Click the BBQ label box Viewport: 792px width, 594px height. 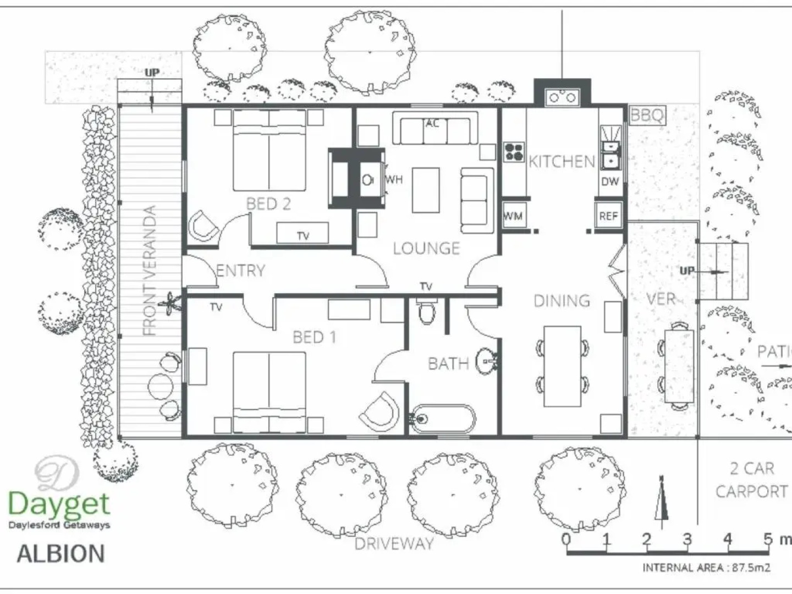coord(647,116)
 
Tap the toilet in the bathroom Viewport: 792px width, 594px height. coord(426,310)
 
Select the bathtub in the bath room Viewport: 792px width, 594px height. coord(443,419)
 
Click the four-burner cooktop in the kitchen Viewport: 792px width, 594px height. coord(514,152)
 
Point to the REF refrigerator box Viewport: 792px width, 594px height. coord(608,215)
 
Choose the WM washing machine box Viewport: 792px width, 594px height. coord(514,215)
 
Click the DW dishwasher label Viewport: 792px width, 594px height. coord(610,182)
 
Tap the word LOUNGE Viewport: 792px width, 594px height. coord(426,249)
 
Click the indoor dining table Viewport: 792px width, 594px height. coord(562,366)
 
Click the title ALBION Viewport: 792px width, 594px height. coord(61,554)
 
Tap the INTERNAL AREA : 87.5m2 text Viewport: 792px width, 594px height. coord(706,568)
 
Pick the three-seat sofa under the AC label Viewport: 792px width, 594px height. coord(436,128)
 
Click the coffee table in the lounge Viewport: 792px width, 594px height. coord(426,190)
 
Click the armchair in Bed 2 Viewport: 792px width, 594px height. coord(204,226)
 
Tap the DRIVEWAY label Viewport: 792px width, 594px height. coord(394,543)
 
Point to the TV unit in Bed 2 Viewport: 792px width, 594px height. coord(302,233)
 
